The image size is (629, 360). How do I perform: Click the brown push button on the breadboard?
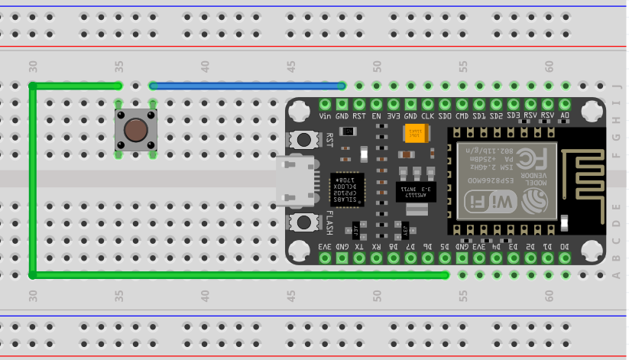pyautogui.click(x=136, y=130)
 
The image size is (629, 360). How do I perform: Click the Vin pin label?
pyautogui.click(x=325, y=116)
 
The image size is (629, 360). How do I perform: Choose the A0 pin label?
pyautogui.click(x=566, y=116)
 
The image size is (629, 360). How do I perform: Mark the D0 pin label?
pyautogui.click(x=566, y=246)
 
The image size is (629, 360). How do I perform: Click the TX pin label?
pyautogui.click(x=359, y=246)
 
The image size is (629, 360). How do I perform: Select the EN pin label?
pyautogui.click(x=376, y=116)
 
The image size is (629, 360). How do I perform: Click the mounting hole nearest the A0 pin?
pyautogui.click(x=590, y=112)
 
